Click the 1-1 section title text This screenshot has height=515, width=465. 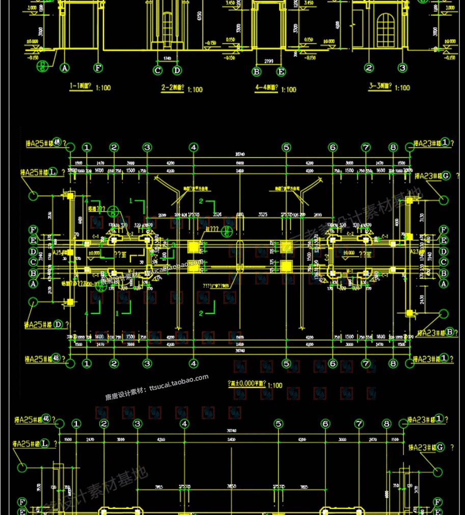(x=83, y=87)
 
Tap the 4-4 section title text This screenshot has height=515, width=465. (x=268, y=89)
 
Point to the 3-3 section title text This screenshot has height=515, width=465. (x=381, y=87)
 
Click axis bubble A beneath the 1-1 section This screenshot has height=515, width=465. (x=65, y=67)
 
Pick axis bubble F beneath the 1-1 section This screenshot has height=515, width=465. (x=98, y=67)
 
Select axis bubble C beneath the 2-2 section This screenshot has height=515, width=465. (x=158, y=70)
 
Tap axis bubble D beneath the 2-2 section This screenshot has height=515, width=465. (x=177, y=70)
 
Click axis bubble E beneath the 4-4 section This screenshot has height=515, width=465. (x=281, y=72)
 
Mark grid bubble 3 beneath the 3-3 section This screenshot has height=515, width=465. (x=402, y=67)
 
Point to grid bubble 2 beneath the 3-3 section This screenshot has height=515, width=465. (x=369, y=67)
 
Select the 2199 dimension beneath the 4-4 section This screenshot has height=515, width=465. (x=269, y=61)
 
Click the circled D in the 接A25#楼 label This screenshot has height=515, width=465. (x=59, y=324)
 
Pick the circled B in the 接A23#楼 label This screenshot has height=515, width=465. (x=450, y=332)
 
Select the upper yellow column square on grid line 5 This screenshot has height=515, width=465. (x=287, y=247)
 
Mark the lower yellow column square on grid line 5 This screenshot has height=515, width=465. (x=286, y=265)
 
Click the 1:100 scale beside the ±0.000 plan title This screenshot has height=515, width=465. (x=275, y=386)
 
